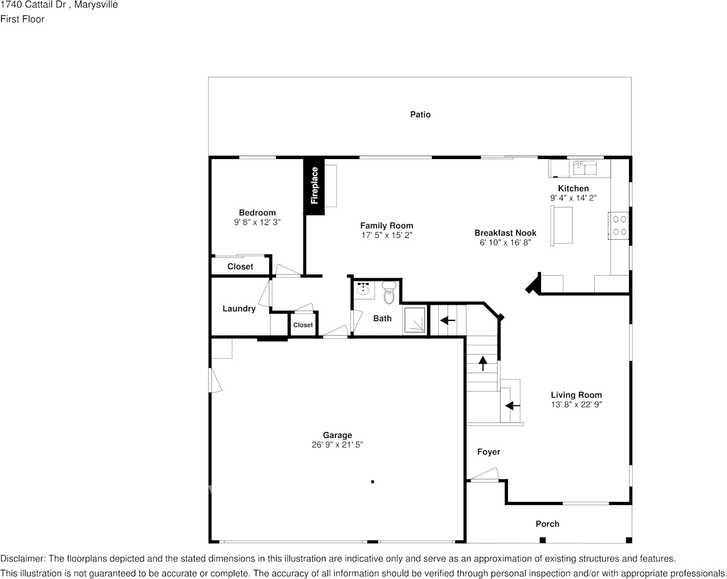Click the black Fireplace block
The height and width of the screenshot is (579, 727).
pyautogui.click(x=314, y=186)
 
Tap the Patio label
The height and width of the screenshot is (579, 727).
pyautogui.click(x=420, y=114)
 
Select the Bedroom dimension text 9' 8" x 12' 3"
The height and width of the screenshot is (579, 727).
pyautogui.click(x=257, y=223)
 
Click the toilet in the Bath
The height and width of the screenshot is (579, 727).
pyautogui.click(x=389, y=292)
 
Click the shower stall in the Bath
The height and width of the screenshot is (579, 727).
pyautogui.click(x=414, y=320)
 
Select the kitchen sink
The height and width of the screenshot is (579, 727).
pyautogui.click(x=585, y=168)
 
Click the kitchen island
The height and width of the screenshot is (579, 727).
pyautogui.click(x=562, y=226)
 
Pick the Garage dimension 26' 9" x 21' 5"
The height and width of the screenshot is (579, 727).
pyautogui.click(x=337, y=444)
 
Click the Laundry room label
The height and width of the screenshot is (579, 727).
pyautogui.click(x=239, y=309)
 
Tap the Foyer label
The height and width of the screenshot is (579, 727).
pyautogui.click(x=489, y=452)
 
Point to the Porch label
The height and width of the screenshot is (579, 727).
pyautogui.click(x=547, y=524)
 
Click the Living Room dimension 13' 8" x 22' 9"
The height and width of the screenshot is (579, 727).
pyautogui.click(x=576, y=404)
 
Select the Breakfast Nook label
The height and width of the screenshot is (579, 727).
pyautogui.click(x=505, y=233)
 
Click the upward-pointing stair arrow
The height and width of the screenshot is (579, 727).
pyautogui.click(x=483, y=363)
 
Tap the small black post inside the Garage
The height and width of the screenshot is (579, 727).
pyautogui.click(x=372, y=482)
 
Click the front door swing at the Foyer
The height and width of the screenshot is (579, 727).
pyautogui.click(x=483, y=475)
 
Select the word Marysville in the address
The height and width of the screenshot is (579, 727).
pyautogui.click(x=96, y=5)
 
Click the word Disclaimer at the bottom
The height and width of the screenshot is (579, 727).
pyautogui.click(x=22, y=559)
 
